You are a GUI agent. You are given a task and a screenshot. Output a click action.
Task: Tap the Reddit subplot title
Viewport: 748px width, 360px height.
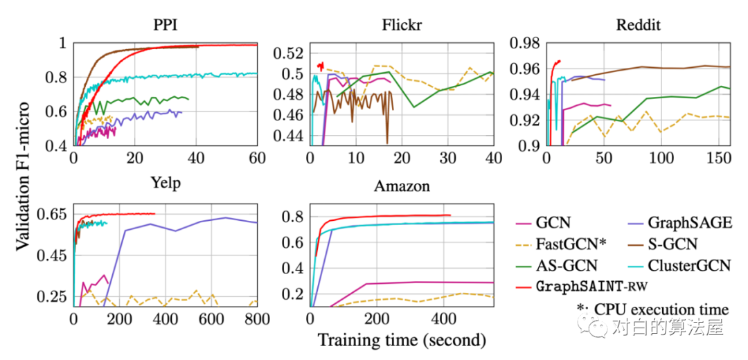pyautogui.click(x=638, y=26)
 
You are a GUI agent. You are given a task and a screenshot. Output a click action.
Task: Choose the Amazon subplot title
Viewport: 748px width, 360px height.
pyautogui.click(x=402, y=186)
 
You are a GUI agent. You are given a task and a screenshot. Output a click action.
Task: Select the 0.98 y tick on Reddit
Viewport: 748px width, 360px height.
pyautogui.click(x=522, y=43)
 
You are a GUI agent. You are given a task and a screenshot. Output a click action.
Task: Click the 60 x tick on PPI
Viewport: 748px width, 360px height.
pyautogui.click(x=257, y=159)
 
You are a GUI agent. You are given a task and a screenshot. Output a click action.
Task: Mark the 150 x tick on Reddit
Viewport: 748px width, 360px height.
pyautogui.click(x=720, y=159)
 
